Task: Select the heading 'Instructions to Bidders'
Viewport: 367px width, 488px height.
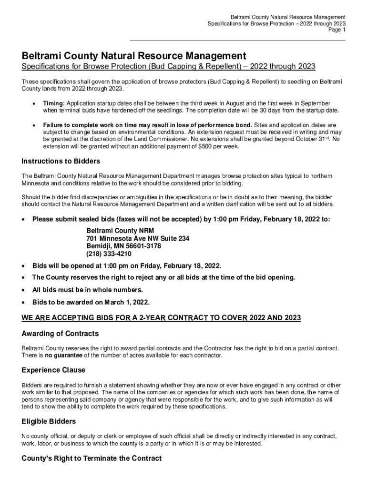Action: click(x=61, y=161)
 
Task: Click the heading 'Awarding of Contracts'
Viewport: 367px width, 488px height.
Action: click(x=60, y=334)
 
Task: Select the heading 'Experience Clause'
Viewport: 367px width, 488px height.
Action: click(x=53, y=370)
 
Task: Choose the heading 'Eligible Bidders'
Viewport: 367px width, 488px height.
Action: click(x=49, y=421)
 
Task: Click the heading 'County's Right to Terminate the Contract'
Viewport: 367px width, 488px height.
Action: click(x=92, y=458)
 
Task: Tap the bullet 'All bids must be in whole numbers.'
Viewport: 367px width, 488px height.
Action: click(x=87, y=290)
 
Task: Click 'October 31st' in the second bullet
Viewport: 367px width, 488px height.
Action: click(x=312, y=139)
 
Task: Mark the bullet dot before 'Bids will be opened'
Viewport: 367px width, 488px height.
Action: click(x=24, y=265)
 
